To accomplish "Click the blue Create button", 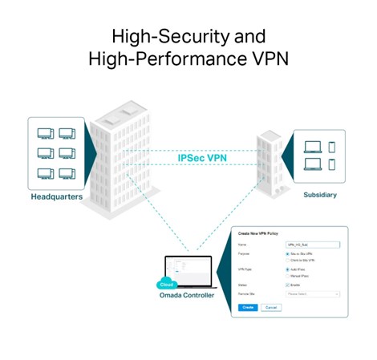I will (x=248, y=307).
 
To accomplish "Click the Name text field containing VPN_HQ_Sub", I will (x=314, y=245).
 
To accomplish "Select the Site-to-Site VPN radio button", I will (x=289, y=253).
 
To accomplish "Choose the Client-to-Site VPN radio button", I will (x=289, y=261).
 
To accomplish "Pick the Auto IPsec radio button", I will (x=289, y=269).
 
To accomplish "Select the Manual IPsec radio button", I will (x=289, y=276).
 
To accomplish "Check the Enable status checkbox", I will (x=289, y=285).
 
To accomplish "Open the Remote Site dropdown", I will (x=314, y=294).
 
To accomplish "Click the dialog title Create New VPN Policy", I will (x=264, y=233).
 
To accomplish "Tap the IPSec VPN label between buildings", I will (x=201, y=158).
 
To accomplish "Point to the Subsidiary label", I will (x=319, y=195).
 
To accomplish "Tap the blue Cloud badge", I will (x=167, y=283).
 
